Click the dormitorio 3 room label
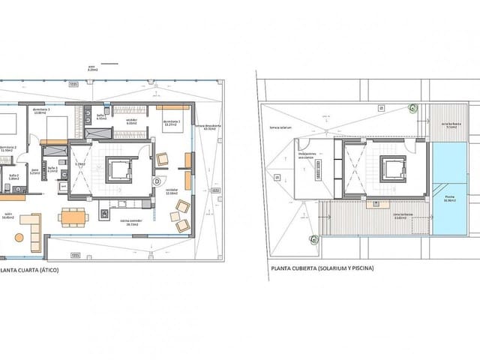coord(42,111)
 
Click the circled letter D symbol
coord(157,181)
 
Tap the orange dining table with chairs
coord(73,217)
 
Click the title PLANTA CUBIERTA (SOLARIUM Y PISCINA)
coord(322,268)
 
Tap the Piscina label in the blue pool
coord(448,199)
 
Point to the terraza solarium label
coord(280,127)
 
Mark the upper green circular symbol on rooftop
coord(412,107)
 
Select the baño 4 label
coord(100,117)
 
